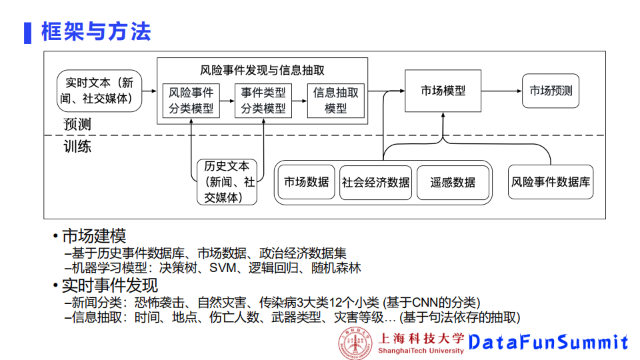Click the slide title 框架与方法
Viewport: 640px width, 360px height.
(96, 31)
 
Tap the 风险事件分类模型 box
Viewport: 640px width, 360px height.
(191, 100)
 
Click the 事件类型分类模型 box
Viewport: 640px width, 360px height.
(263, 100)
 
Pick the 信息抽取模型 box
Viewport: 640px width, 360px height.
(335, 100)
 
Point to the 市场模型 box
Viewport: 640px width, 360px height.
(443, 91)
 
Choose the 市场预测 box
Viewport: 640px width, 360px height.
(551, 91)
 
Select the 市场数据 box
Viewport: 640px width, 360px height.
(306, 182)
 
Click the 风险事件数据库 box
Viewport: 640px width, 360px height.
(551, 182)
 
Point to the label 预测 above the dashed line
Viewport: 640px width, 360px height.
(77, 125)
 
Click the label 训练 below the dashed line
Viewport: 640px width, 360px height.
(77, 147)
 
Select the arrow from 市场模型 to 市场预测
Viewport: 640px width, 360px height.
(502, 91)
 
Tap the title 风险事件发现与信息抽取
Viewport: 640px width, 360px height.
(262, 70)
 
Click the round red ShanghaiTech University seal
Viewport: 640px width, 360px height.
(355, 343)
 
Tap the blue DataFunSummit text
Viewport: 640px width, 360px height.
(548, 343)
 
